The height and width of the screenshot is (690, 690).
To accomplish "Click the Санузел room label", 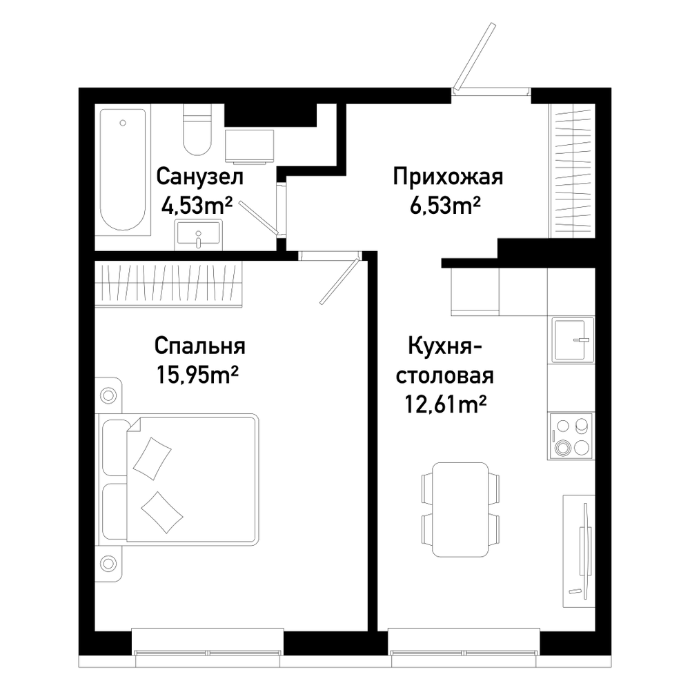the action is (x=199, y=177).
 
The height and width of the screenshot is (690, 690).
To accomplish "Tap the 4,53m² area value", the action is (x=197, y=205).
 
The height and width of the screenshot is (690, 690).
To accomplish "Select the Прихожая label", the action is (x=448, y=177).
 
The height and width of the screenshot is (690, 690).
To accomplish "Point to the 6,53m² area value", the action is (x=445, y=205).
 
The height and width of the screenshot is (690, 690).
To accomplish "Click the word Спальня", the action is (x=200, y=346).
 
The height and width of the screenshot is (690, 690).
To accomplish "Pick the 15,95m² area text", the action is (x=197, y=375).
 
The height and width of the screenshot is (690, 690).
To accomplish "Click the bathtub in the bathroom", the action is (x=123, y=170).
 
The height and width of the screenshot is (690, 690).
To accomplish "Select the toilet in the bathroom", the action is (x=197, y=130).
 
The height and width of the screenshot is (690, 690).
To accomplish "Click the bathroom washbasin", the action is (x=199, y=235).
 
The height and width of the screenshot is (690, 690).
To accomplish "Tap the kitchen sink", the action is (x=571, y=339).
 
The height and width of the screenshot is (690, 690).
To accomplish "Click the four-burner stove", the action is (x=571, y=436).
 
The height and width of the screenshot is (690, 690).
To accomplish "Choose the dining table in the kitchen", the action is (x=460, y=510).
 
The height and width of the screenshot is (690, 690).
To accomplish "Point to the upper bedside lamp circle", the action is (x=108, y=395).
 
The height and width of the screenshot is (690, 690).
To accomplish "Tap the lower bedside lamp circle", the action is (x=108, y=562).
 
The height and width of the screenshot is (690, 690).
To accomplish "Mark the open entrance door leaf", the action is (x=475, y=55).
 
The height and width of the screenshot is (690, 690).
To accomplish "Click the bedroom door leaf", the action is (x=339, y=282).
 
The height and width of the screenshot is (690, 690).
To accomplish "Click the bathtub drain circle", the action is (x=123, y=124).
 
